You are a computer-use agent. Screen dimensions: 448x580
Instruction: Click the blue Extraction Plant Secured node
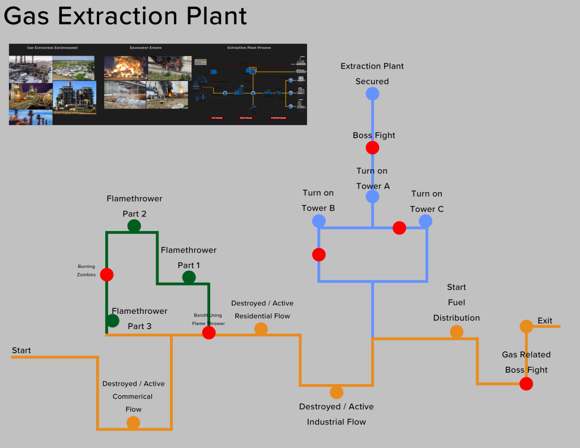click(x=372, y=93)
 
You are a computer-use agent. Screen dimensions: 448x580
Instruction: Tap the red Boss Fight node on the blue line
click(x=372, y=148)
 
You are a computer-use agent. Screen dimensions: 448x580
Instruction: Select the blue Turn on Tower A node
click(x=372, y=197)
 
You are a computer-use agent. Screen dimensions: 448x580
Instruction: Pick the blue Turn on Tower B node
click(x=319, y=221)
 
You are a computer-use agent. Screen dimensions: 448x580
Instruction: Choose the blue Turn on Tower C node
click(x=426, y=221)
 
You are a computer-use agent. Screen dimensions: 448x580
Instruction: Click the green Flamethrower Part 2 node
click(x=134, y=226)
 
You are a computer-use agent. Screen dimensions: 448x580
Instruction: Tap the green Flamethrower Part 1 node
click(x=189, y=277)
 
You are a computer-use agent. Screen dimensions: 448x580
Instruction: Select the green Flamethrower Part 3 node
click(x=113, y=321)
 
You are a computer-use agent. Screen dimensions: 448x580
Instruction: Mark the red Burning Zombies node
click(x=106, y=275)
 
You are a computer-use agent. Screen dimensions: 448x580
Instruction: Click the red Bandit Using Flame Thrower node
click(x=209, y=332)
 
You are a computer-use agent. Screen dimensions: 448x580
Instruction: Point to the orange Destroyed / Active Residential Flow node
click(x=261, y=328)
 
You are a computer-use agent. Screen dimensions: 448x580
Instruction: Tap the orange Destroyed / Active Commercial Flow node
click(x=133, y=423)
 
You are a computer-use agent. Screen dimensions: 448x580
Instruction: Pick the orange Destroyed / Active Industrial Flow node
click(x=336, y=392)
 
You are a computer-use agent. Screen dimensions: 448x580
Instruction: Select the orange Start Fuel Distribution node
click(x=457, y=332)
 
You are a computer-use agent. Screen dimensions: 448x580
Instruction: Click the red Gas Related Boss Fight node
click(x=526, y=384)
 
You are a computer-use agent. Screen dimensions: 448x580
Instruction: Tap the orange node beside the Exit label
click(x=526, y=326)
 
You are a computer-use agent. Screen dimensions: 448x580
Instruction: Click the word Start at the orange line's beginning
click(x=22, y=351)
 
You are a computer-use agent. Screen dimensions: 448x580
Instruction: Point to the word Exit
click(x=545, y=321)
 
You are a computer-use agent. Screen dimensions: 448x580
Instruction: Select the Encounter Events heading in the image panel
click(x=146, y=48)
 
